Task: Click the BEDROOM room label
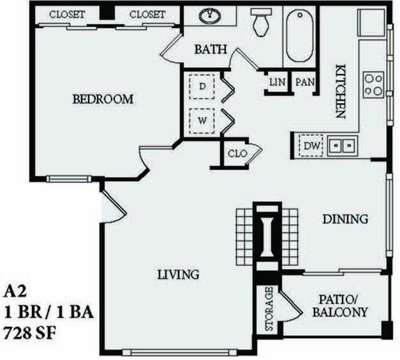103,100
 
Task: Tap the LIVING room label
179,275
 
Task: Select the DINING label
345,220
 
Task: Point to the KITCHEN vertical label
341,91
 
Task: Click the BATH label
209,49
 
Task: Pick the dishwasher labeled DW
311,146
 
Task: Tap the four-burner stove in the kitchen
373,84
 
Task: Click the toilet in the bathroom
260,23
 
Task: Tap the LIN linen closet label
277,82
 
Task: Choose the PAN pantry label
303,82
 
